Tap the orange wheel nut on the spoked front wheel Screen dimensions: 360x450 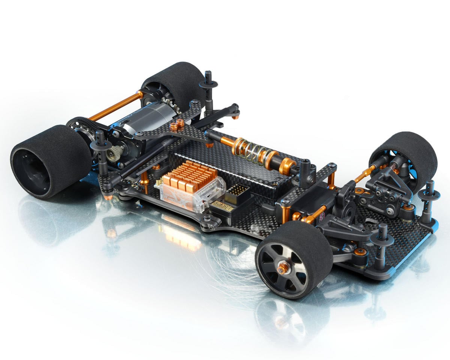click(x=283, y=267)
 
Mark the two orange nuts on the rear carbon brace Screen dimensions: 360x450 click(x=177, y=125)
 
